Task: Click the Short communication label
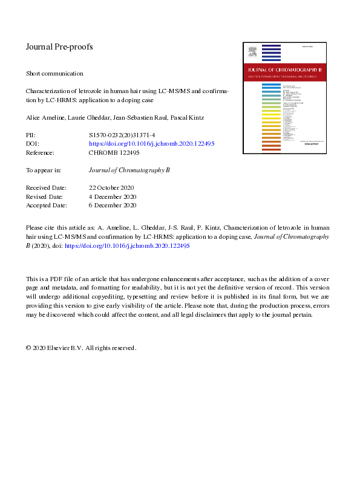click(x=54, y=73)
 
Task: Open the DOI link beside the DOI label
click(x=151, y=144)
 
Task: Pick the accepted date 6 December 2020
click(x=113, y=206)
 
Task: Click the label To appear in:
click(x=44, y=170)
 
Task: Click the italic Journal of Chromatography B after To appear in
click(x=129, y=170)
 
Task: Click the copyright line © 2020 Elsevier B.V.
click(x=81, y=348)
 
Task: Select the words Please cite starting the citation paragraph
click(x=42, y=228)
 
